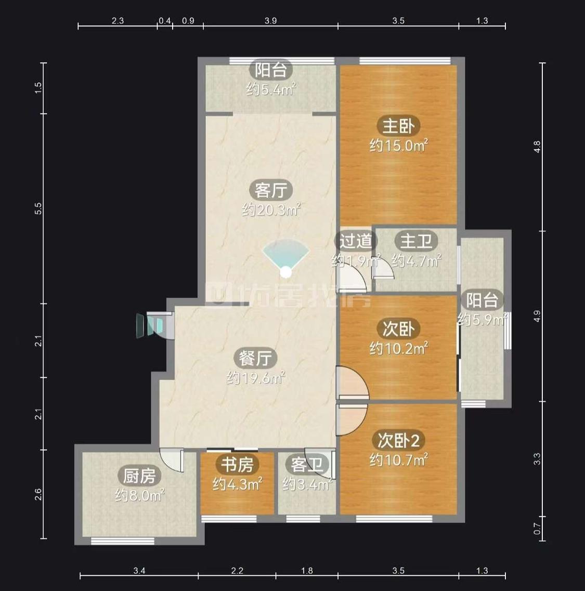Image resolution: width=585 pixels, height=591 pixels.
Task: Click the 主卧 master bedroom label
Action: click(398, 126)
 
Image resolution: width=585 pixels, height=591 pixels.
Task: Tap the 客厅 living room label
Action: click(270, 190)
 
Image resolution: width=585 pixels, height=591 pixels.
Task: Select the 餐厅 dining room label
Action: click(255, 358)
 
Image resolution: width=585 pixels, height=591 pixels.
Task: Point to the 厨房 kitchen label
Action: click(139, 476)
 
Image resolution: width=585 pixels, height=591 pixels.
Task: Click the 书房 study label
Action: click(237, 464)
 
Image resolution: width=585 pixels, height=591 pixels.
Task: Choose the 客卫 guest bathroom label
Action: click(307, 464)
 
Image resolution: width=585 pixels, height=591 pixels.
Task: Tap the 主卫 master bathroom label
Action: click(416, 241)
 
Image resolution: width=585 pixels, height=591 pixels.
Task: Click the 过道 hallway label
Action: click(356, 241)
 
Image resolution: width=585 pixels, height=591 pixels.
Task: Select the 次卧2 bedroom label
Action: click(398, 440)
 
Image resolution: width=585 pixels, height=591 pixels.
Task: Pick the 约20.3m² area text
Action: click(271, 209)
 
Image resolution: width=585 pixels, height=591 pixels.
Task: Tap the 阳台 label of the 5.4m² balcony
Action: click(270, 70)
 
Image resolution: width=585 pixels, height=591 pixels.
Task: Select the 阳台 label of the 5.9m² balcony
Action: click(482, 300)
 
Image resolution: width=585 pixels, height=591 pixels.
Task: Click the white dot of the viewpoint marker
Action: click(286, 272)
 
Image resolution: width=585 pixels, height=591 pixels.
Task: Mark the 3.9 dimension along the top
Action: click(270, 20)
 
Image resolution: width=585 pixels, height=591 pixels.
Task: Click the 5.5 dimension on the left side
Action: click(38, 208)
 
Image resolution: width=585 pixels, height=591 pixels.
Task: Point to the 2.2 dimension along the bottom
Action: click(237, 571)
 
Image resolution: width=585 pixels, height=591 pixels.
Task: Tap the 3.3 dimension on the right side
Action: click(537, 458)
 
